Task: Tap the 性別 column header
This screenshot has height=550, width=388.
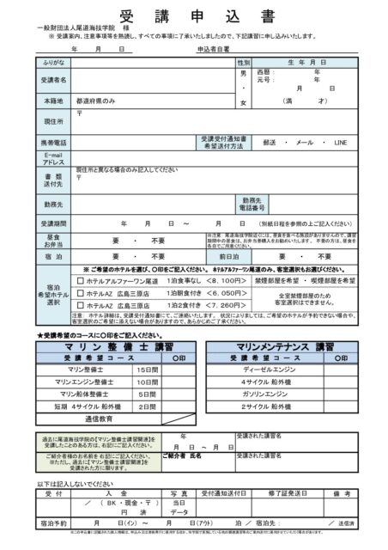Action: (243, 63)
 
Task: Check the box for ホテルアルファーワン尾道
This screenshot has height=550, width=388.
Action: (81, 280)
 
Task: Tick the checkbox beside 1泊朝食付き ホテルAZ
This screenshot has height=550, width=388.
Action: (81, 293)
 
